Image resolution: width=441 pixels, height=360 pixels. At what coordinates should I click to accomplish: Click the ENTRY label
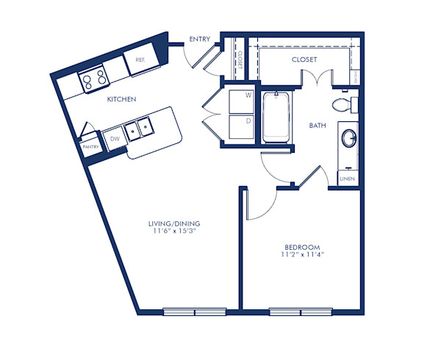(200, 40)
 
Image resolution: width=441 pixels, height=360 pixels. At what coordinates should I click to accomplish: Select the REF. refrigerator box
(138, 62)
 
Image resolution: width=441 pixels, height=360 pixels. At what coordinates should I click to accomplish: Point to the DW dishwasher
(115, 137)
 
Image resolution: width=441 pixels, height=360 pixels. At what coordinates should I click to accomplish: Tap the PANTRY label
(90, 147)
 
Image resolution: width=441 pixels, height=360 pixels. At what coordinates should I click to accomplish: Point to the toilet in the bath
(343, 105)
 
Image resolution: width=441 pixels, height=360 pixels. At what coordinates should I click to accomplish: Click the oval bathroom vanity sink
(348, 138)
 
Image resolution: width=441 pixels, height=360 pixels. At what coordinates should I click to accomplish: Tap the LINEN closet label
(347, 179)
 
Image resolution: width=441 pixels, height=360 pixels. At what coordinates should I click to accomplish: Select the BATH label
(318, 126)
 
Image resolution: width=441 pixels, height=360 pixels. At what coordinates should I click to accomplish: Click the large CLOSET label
(304, 60)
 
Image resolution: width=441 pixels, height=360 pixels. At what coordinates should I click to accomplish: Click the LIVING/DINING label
(174, 223)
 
